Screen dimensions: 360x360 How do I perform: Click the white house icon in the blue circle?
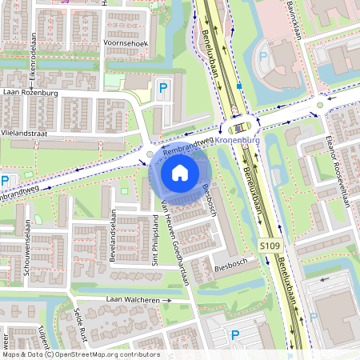[x=180, y=172]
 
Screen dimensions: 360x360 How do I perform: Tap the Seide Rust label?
[x=78, y=329]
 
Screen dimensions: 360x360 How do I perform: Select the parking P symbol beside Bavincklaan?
[x=263, y=58]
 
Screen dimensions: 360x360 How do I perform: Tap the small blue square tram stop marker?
[x=238, y=85]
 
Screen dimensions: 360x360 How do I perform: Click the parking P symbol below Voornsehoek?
[x=164, y=89]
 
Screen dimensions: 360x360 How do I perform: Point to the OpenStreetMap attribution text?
[x=80, y=354]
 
